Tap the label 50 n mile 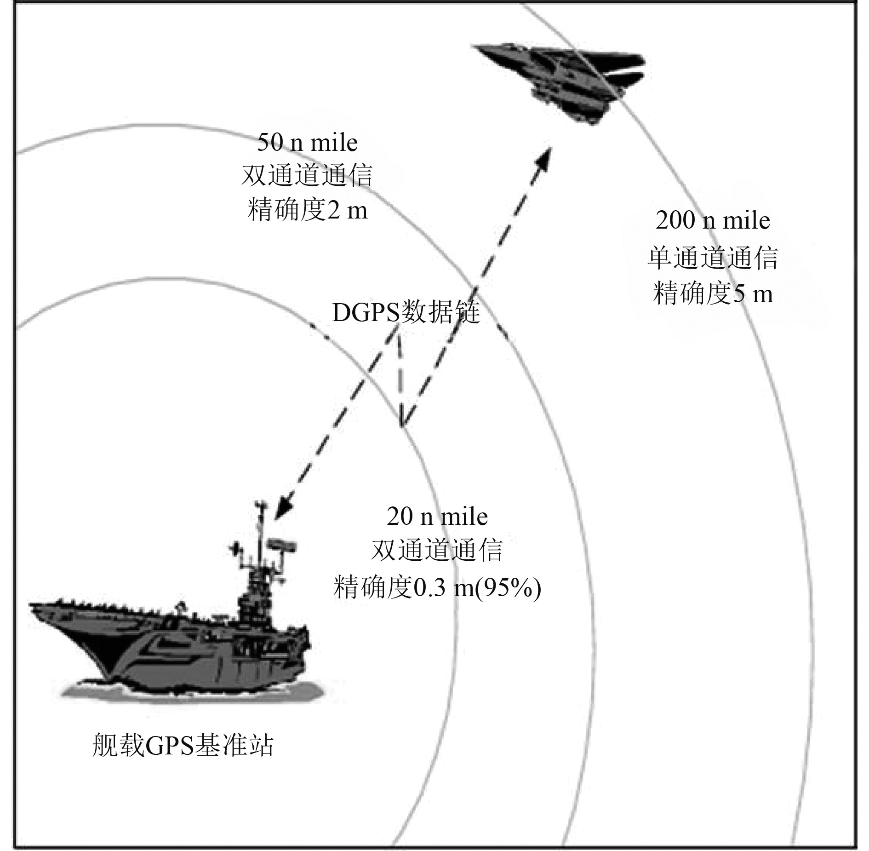click(x=307, y=143)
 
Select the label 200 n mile click(x=713, y=220)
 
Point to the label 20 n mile click(x=437, y=517)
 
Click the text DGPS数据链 click(x=406, y=313)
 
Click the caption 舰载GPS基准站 click(x=183, y=746)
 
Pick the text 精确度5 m click(x=713, y=293)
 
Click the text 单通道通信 click(x=713, y=258)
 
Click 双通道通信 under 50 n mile click(x=307, y=176)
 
